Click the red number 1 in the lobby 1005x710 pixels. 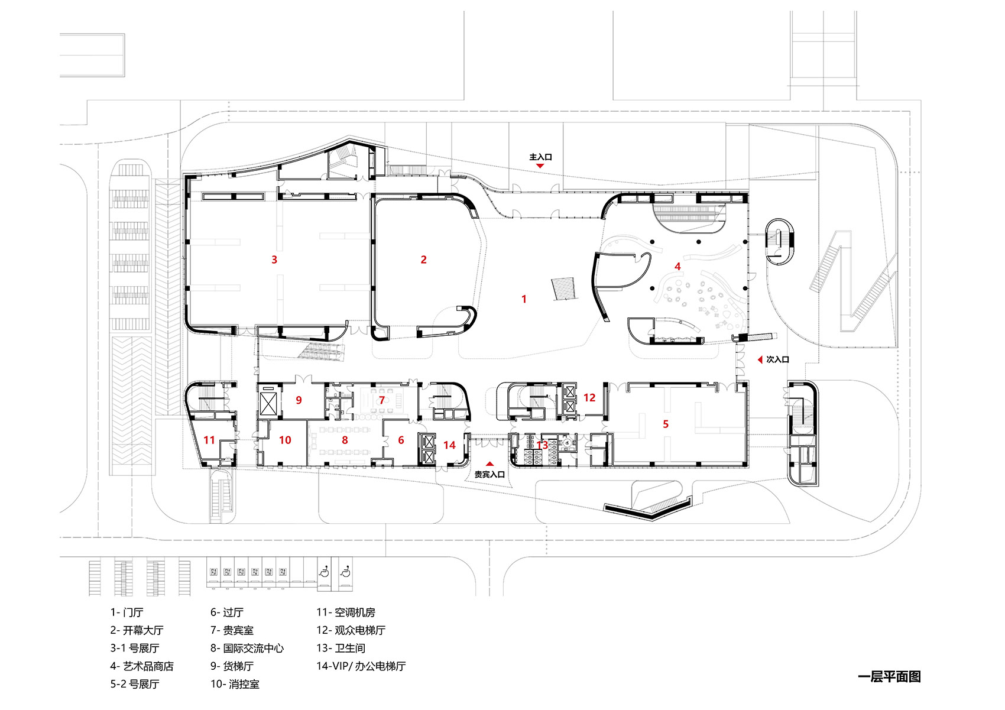pos(524,299)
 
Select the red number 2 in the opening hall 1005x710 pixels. pos(423,260)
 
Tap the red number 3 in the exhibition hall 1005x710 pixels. pos(274,260)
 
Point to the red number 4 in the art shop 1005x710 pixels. pos(677,267)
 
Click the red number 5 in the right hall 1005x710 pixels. pos(666,424)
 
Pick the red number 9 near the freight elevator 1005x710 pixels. pos(299,400)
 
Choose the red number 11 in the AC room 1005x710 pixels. pos(209,440)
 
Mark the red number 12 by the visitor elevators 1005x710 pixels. pos(589,398)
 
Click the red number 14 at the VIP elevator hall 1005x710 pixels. pos(450,445)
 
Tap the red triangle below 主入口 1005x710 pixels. pos(540,166)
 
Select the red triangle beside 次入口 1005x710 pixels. pos(760,359)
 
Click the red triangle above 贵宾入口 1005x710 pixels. pos(489,464)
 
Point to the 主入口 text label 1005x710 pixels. pos(540,157)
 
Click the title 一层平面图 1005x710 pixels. pos(889,677)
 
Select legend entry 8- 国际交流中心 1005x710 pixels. pos(247,649)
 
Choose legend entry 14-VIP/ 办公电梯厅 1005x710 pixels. pos(361,666)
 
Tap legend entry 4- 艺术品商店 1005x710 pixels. pos(142,666)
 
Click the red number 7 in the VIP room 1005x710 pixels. pos(382,400)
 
